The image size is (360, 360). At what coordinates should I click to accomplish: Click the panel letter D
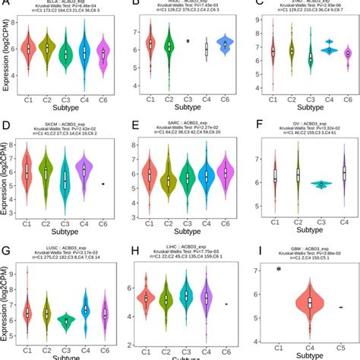tap(8, 124)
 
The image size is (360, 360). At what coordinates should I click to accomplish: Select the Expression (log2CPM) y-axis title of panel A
tap(7, 57)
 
